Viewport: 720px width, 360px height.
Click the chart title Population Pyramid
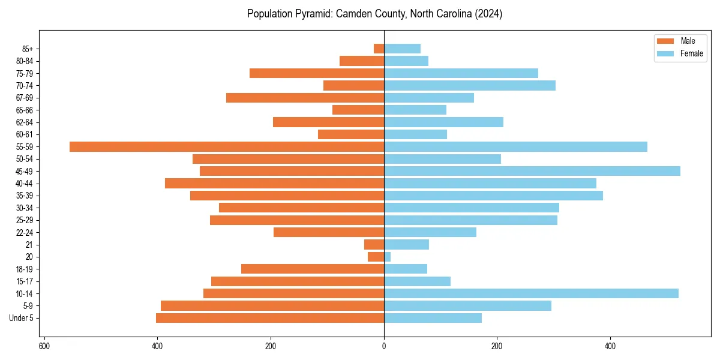tap(374, 14)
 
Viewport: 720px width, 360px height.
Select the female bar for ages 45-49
tap(532, 171)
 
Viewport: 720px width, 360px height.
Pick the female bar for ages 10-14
tap(531, 293)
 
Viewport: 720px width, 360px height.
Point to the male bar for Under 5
tap(270, 318)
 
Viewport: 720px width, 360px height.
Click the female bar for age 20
tap(388, 257)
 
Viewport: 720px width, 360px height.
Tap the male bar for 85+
tap(379, 49)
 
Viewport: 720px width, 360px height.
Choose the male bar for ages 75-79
tap(317, 73)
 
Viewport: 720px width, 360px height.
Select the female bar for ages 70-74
tap(470, 85)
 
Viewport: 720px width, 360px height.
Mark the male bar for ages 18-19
tap(313, 269)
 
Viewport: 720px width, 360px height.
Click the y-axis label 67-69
tap(25, 98)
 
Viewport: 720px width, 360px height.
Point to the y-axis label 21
tap(29, 245)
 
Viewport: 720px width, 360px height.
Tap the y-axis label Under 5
tap(21, 318)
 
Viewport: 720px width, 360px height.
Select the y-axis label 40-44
tap(25, 184)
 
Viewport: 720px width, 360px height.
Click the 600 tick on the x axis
tap(44, 346)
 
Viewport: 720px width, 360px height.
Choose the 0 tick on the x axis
tap(384, 346)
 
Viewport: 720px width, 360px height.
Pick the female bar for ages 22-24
tap(430, 232)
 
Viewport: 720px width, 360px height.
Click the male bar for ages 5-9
tap(272, 305)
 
